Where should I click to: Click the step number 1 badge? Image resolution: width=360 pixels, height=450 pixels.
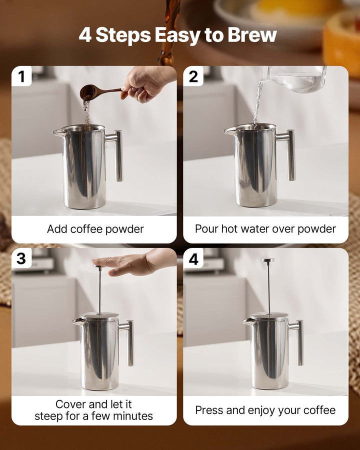21,76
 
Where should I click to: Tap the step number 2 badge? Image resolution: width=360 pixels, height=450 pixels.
193,76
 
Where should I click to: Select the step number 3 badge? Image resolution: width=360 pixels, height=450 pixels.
21,258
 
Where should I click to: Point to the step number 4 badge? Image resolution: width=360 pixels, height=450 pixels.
193,258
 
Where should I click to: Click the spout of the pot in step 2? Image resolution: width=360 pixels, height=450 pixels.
229,131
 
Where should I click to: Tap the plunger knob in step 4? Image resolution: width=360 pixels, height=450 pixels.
268,260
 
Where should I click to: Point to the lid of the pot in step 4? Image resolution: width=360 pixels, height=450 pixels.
269,316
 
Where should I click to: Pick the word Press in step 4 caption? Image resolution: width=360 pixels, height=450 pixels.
209,410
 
